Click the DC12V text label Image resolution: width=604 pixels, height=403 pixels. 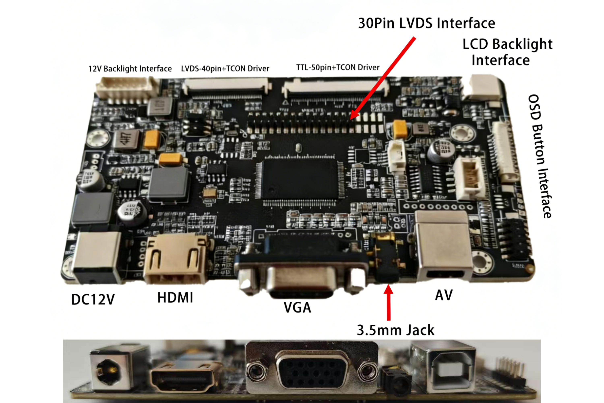[x=93, y=300]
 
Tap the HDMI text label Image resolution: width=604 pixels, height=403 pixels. [x=175, y=298]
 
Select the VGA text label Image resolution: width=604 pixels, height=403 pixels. [x=297, y=307]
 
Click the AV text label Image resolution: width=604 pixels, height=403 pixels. [x=444, y=295]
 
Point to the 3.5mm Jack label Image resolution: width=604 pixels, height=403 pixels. [x=395, y=330]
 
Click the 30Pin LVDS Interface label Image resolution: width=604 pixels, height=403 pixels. [x=427, y=23]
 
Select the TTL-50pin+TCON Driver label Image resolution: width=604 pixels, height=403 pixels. [x=338, y=67]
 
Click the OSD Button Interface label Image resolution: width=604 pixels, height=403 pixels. [x=540, y=156]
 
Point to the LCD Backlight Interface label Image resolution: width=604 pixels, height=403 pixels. [x=507, y=52]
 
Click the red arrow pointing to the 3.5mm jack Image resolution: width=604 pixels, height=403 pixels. [x=389, y=302]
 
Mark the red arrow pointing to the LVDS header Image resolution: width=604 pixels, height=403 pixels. [x=383, y=78]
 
